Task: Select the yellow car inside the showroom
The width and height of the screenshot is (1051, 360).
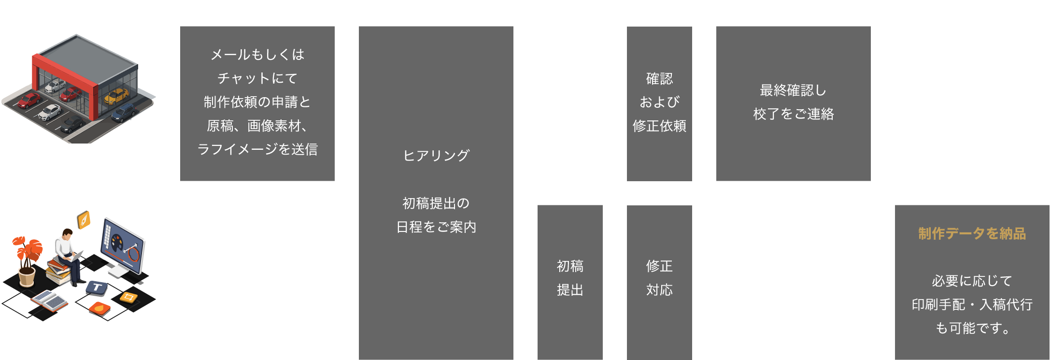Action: coord(116,96)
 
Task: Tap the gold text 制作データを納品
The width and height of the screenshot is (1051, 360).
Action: coord(972,234)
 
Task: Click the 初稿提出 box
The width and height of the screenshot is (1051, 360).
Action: coord(570,278)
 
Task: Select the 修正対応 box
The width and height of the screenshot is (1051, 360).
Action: coord(659,278)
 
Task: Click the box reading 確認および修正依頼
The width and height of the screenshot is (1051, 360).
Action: coord(659,102)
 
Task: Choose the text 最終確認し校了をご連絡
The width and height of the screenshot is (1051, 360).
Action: coord(793,102)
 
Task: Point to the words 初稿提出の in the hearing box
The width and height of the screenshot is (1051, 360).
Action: coord(436,203)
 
